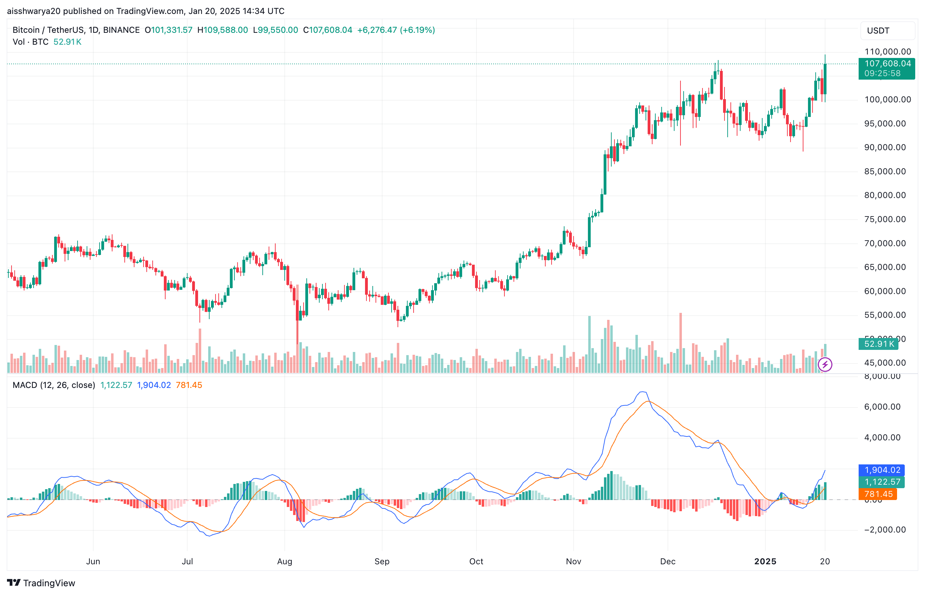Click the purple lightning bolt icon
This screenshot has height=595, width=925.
(x=824, y=364)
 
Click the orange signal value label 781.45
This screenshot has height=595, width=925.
(x=878, y=494)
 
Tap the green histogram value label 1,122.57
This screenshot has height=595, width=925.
(x=882, y=482)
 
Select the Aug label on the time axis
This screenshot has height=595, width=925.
(x=284, y=561)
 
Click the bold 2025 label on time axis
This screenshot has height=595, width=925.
(x=765, y=561)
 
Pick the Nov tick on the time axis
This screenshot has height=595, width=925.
(x=573, y=561)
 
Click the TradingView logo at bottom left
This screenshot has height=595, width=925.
(x=41, y=583)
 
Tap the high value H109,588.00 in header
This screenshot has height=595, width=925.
(x=223, y=30)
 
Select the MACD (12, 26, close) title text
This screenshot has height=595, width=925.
(x=54, y=385)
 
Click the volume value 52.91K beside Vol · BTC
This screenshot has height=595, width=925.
(x=67, y=42)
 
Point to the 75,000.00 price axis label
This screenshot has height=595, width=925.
(x=885, y=219)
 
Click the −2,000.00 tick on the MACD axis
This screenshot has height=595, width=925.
(x=885, y=530)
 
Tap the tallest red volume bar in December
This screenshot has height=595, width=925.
(x=680, y=344)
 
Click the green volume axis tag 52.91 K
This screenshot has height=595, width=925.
(x=879, y=344)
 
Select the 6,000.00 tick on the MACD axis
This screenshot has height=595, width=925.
(x=882, y=407)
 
